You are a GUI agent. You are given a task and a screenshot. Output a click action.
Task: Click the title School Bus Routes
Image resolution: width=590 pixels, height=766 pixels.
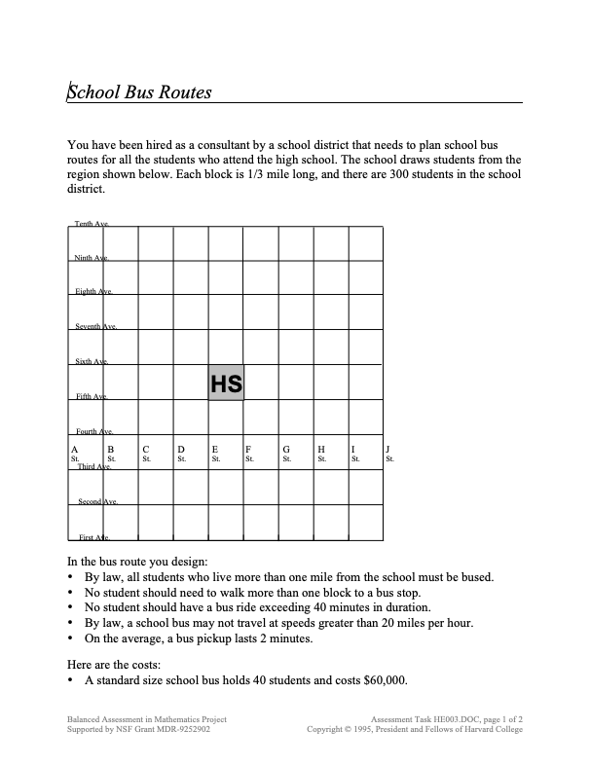(x=139, y=93)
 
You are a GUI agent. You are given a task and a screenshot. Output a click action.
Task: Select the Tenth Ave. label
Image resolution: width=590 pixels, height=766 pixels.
(x=92, y=224)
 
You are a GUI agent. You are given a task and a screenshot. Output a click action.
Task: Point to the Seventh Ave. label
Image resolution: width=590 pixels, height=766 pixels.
(x=96, y=327)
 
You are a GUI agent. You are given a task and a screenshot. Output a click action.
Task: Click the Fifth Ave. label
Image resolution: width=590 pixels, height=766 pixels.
(x=92, y=396)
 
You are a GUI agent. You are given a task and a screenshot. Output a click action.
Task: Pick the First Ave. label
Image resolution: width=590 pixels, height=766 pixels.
(x=93, y=537)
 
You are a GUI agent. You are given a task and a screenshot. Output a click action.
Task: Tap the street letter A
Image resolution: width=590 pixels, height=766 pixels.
(x=75, y=449)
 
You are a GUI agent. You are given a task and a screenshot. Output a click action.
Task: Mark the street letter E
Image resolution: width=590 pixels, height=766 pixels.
(x=214, y=449)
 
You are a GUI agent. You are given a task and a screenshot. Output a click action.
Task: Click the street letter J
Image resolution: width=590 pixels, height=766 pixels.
(x=388, y=449)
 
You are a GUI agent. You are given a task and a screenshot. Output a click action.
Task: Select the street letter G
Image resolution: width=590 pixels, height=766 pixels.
(x=285, y=449)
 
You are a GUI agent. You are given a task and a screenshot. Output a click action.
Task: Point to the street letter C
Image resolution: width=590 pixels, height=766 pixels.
(x=145, y=449)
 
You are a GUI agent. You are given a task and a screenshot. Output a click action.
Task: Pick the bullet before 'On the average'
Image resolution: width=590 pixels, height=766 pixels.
(x=71, y=638)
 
